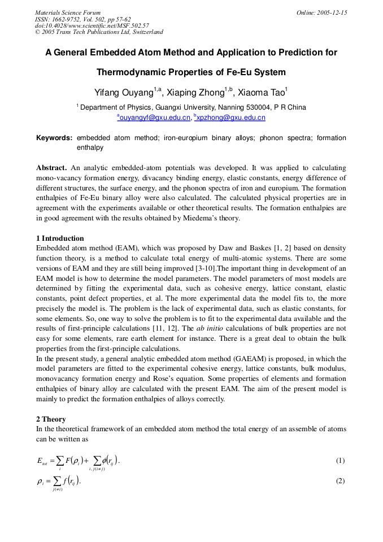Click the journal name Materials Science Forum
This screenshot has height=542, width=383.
(x=68, y=12)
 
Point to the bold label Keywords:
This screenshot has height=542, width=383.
(x=54, y=138)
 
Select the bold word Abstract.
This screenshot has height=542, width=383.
(x=51, y=168)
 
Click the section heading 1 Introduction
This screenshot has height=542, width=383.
(x=60, y=238)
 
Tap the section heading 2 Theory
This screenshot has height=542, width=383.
(x=51, y=419)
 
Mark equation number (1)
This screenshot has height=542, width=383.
(x=340, y=461)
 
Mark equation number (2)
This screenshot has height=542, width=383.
(x=340, y=481)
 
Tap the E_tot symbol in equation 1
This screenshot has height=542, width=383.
(x=42, y=461)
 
